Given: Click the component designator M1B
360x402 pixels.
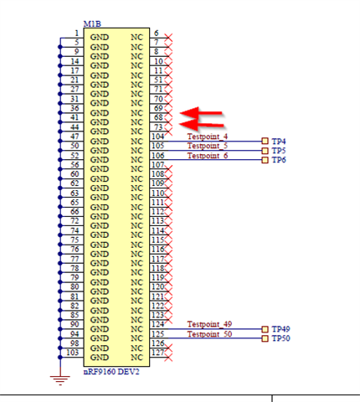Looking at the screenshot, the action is click(92, 24).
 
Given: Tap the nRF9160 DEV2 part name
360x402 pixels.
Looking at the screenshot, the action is click(111, 372).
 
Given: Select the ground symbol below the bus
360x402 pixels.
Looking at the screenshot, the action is click(60, 380).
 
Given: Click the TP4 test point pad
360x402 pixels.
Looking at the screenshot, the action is click(265, 142).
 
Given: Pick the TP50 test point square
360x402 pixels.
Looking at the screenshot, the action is click(265, 338).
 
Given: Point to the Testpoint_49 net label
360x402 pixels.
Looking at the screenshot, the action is click(209, 324).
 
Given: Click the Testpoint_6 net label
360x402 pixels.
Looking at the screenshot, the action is click(208, 156).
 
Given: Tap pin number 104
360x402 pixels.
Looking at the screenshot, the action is click(158, 137).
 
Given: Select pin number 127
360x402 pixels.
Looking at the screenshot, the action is click(157, 353).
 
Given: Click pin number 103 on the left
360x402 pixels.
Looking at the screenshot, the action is click(73, 353).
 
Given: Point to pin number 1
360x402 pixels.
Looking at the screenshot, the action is click(77, 33).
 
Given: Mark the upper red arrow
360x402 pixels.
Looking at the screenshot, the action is click(201, 113).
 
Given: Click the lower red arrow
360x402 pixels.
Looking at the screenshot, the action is click(202, 125).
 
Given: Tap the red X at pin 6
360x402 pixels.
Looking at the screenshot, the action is click(168, 37).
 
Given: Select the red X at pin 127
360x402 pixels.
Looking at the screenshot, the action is click(168, 358).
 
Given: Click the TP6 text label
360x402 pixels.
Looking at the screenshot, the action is click(279, 160).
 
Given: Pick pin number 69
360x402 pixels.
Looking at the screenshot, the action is click(158, 108).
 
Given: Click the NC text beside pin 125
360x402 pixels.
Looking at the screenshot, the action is click(136, 338).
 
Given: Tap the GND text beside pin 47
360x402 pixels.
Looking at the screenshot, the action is click(100, 142).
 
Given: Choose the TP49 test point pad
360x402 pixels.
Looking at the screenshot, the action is click(265, 329).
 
